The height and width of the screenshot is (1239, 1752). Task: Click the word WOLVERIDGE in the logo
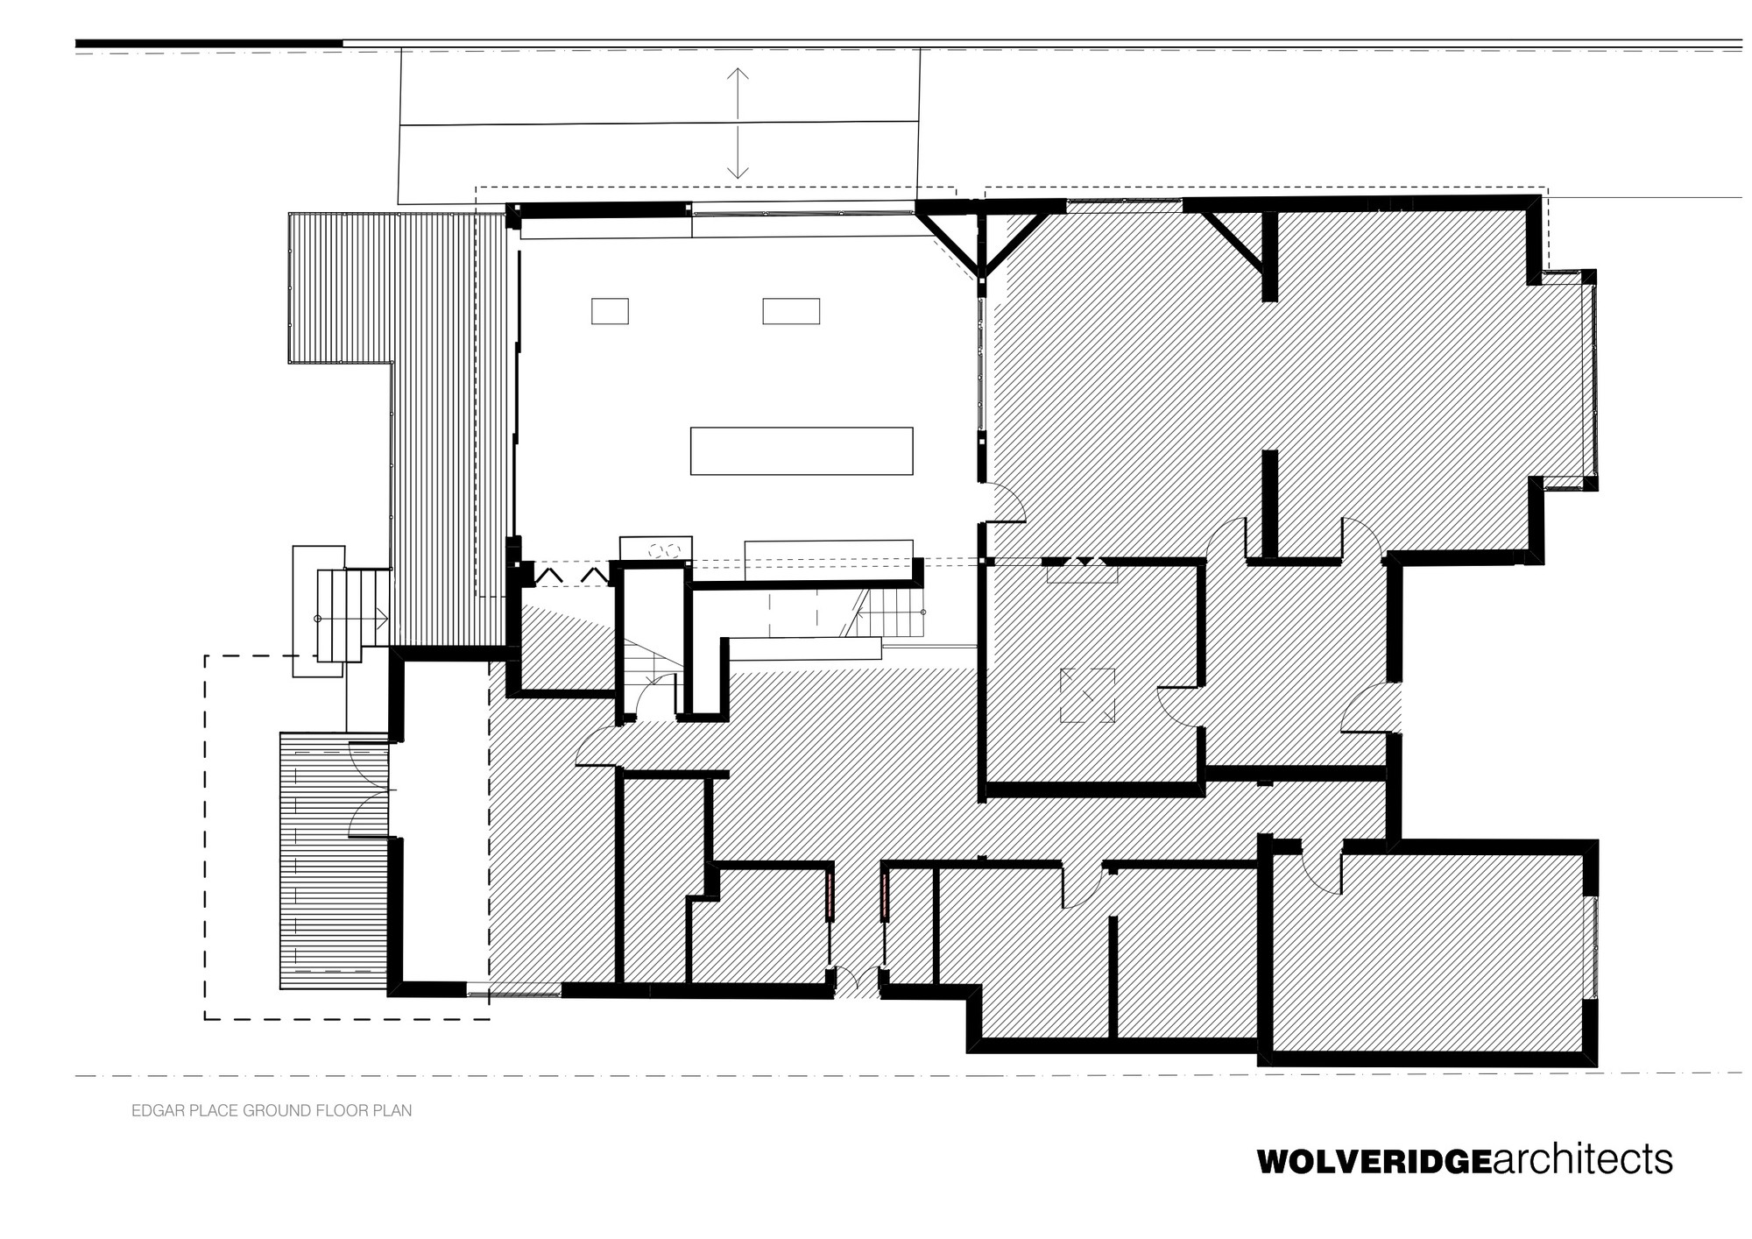click(1373, 1162)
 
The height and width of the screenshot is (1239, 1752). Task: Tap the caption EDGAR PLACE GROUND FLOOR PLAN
click(272, 1111)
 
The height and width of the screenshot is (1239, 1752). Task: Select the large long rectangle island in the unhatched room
click(801, 450)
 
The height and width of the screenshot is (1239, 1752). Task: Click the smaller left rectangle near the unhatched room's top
click(610, 311)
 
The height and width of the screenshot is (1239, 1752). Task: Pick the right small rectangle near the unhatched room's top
click(790, 311)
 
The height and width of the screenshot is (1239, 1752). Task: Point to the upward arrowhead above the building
click(738, 74)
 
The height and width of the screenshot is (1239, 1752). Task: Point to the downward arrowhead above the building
click(738, 172)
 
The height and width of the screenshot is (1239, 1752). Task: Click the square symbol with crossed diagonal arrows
click(1087, 696)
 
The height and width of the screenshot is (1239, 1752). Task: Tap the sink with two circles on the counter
click(664, 550)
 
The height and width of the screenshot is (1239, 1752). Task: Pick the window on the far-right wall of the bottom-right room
click(1594, 947)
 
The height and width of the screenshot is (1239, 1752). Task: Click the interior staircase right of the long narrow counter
click(889, 613)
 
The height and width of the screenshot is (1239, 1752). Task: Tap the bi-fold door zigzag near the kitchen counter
click(574, 575)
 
